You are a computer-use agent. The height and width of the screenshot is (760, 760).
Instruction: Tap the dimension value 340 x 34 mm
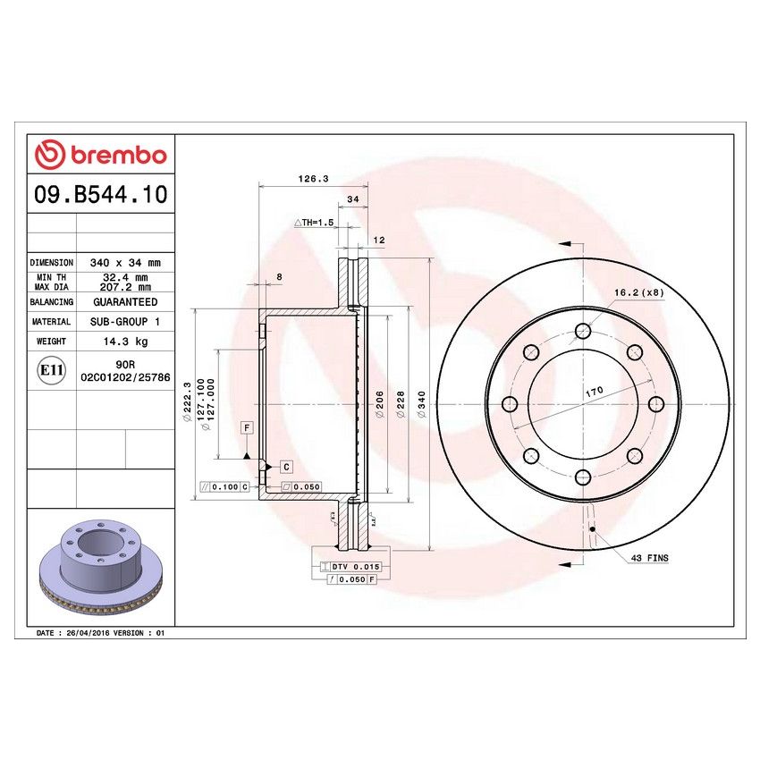(x=124, y=263)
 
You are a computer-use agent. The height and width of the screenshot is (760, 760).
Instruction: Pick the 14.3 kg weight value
(x=124, y=342)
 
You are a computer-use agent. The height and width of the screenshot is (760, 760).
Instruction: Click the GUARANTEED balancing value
(x=124, y=302)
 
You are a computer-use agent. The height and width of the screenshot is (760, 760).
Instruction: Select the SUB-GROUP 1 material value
(x=124, y=322)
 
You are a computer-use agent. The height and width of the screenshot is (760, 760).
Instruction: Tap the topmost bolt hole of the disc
(x=583, y=331)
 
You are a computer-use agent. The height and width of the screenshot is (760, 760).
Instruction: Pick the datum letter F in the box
(x=245, y=428)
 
